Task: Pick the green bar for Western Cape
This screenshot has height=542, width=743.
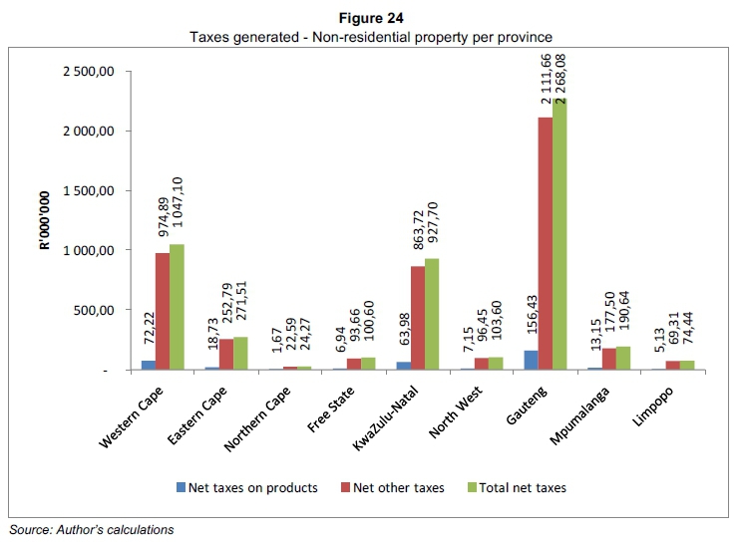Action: pyautogui.click(x=177, y=307)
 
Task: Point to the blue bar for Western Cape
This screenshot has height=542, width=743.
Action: pyautogui.click(x=149, y=366)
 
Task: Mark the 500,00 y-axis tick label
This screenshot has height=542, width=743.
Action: pyautogui.click(x=105, y=310)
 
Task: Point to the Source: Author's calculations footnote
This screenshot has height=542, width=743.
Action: pyautogui.click(x=91, y=529)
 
